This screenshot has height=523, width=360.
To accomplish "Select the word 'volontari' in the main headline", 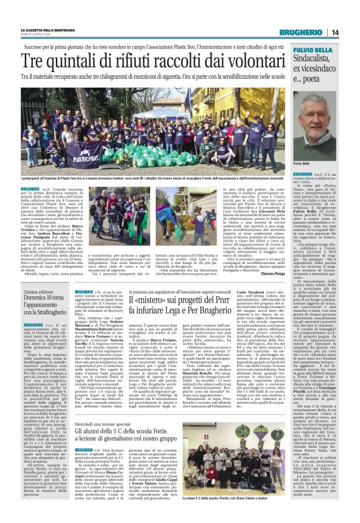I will pos(254,60).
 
